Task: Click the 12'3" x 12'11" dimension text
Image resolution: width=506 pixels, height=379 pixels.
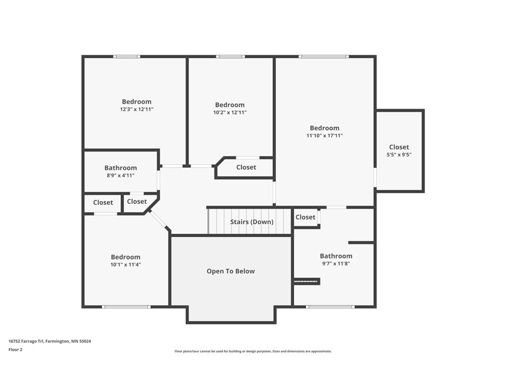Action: [136, 109]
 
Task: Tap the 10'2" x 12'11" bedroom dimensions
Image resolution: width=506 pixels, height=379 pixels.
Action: [230, 113]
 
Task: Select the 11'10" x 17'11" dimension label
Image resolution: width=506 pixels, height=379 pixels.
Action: [324, 136]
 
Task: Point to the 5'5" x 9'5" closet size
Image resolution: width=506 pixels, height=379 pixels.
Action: [399, 154]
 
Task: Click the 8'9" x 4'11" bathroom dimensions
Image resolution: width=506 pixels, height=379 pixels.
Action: [121, 176]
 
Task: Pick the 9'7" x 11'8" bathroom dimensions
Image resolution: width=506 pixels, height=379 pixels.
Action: [336, 264]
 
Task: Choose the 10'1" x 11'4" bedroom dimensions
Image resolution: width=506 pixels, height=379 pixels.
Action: [126, 265]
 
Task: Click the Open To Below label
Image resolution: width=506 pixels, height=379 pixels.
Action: [231, 271]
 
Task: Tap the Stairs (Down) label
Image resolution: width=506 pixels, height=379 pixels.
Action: [252, 222]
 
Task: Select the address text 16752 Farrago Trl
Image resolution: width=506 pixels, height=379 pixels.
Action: [26, 341]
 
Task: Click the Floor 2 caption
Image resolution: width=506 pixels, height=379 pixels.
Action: [15, 350]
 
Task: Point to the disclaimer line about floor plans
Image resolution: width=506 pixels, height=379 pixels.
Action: [253, 351]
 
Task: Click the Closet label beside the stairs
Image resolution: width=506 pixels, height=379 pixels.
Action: [305, 217]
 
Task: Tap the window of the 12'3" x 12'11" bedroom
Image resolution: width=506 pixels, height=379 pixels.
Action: [126, 57]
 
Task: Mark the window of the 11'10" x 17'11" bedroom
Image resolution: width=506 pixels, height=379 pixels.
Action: [323, 57]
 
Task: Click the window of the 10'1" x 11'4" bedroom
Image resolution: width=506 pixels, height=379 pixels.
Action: [126, 307]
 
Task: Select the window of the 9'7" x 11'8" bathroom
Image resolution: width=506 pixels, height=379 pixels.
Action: [330, 307]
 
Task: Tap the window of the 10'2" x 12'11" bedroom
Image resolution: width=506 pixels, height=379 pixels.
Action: [230, 57]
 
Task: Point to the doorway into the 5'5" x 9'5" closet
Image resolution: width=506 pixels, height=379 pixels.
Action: [375, 177]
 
